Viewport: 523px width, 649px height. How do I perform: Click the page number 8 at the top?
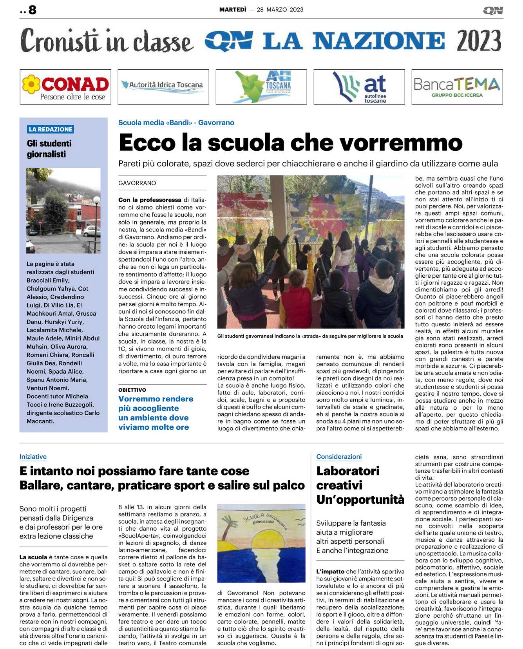(32, 10)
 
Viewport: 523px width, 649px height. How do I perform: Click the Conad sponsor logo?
(65, 87)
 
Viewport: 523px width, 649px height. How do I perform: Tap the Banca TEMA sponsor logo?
(457, 87)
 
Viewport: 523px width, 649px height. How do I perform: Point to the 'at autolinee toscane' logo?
(359, 87)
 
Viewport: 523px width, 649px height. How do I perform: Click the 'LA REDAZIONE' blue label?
(51, 129)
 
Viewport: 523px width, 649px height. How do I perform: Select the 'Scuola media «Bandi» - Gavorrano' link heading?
(176, 123)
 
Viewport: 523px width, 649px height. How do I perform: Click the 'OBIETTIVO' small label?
(132, 390)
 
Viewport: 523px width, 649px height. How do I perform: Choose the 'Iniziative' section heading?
(33, 457)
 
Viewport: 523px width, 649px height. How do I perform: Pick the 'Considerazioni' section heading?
(339, 457)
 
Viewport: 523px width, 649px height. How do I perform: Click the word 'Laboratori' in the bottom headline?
(348, 471)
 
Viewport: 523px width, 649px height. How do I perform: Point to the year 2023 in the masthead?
(478, 41)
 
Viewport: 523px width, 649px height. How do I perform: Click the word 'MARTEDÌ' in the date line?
(233, 9)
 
